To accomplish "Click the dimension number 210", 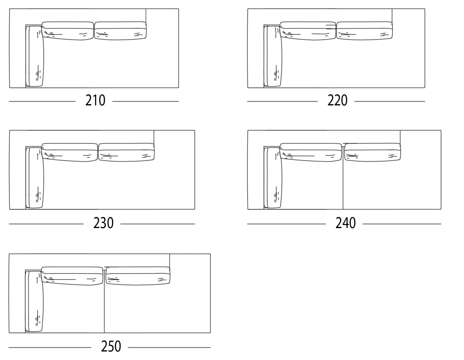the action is coord(95,100).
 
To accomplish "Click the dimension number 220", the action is coord(337,100).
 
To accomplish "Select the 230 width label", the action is coord(103,223).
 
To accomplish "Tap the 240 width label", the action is coord(345,223).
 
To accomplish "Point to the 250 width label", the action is coord(111,346).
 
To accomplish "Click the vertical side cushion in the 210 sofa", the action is coord(35,56).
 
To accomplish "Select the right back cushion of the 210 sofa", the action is coord(120,31).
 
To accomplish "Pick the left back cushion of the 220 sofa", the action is coord(308,31).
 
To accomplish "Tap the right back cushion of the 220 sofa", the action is coord(365,31).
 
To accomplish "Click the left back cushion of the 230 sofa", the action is coord(70,152).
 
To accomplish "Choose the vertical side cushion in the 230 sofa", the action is coord(35,178).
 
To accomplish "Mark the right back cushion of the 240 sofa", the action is coord(373,152).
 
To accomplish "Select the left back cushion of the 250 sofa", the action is coord(72,276).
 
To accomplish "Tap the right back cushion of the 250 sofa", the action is coord(138,276).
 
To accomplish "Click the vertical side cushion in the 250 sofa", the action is coord(34,301).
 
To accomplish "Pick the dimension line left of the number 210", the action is coord(42,101).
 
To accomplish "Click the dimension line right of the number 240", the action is coord(402,224).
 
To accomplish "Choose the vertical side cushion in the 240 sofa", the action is coord(273,178).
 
